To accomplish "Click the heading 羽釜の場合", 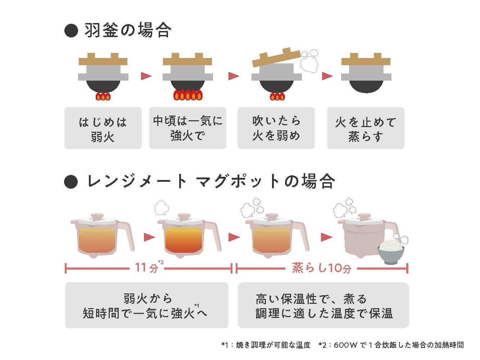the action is point(128,30).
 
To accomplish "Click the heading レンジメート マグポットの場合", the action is point(211,181).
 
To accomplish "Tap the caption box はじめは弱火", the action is point(103,128).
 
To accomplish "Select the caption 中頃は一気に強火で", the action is point(188,128).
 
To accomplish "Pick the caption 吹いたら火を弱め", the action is point(276,128).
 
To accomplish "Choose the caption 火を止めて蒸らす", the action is point(366,128).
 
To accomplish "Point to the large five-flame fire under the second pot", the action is point(188,95).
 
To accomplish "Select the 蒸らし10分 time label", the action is point(321,268).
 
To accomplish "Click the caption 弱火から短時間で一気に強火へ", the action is point(146,306).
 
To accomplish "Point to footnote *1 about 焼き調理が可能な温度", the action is point(266,345).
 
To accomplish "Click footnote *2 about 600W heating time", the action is point(391,345).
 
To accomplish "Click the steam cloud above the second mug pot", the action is point(162,208).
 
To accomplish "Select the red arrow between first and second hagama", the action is point(146,76).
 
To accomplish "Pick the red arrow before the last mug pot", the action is point(327,237).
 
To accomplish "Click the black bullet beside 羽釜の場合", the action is point(71,31).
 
